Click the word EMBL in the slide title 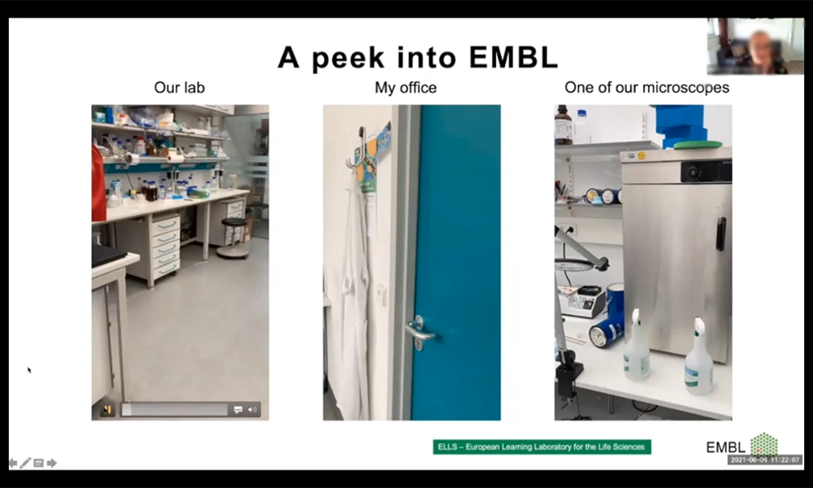[x=513, y=57]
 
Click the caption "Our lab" [x=180, y=88]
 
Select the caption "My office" [x=406, y=88]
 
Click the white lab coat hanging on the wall [x=356, y=295]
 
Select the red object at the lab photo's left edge [x=98, y=183]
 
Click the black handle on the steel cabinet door [x=720, y=234]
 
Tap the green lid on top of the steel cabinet [x=698, y=145]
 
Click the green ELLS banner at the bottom [x=541, y=447]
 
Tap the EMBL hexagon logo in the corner [x=764, y=443]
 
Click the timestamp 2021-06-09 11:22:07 [x=765, y=460]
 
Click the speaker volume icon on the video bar [x=253, y=410]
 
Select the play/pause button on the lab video [x=107, y=410]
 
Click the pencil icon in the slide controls [x=25, y=463]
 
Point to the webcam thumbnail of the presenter [x=755, y=46]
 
